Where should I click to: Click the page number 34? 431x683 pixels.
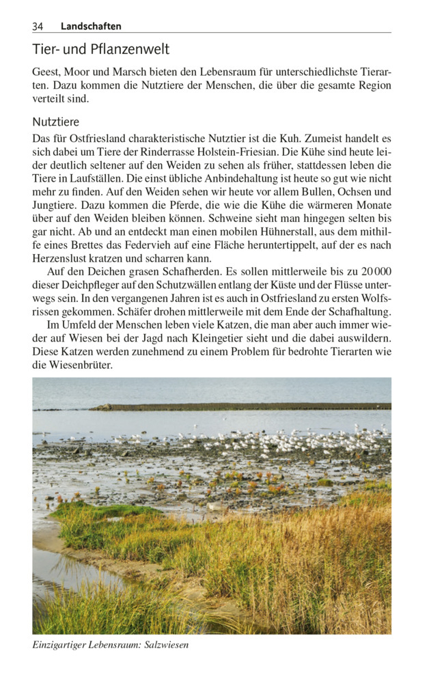[38, 26]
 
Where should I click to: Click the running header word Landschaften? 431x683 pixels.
[91, 26]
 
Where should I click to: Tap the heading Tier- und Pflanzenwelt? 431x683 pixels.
[100, 49]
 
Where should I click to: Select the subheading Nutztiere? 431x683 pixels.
[56, 122]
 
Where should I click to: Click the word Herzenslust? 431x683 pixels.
[59, 259]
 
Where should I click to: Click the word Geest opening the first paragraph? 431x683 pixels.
[46, 72]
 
